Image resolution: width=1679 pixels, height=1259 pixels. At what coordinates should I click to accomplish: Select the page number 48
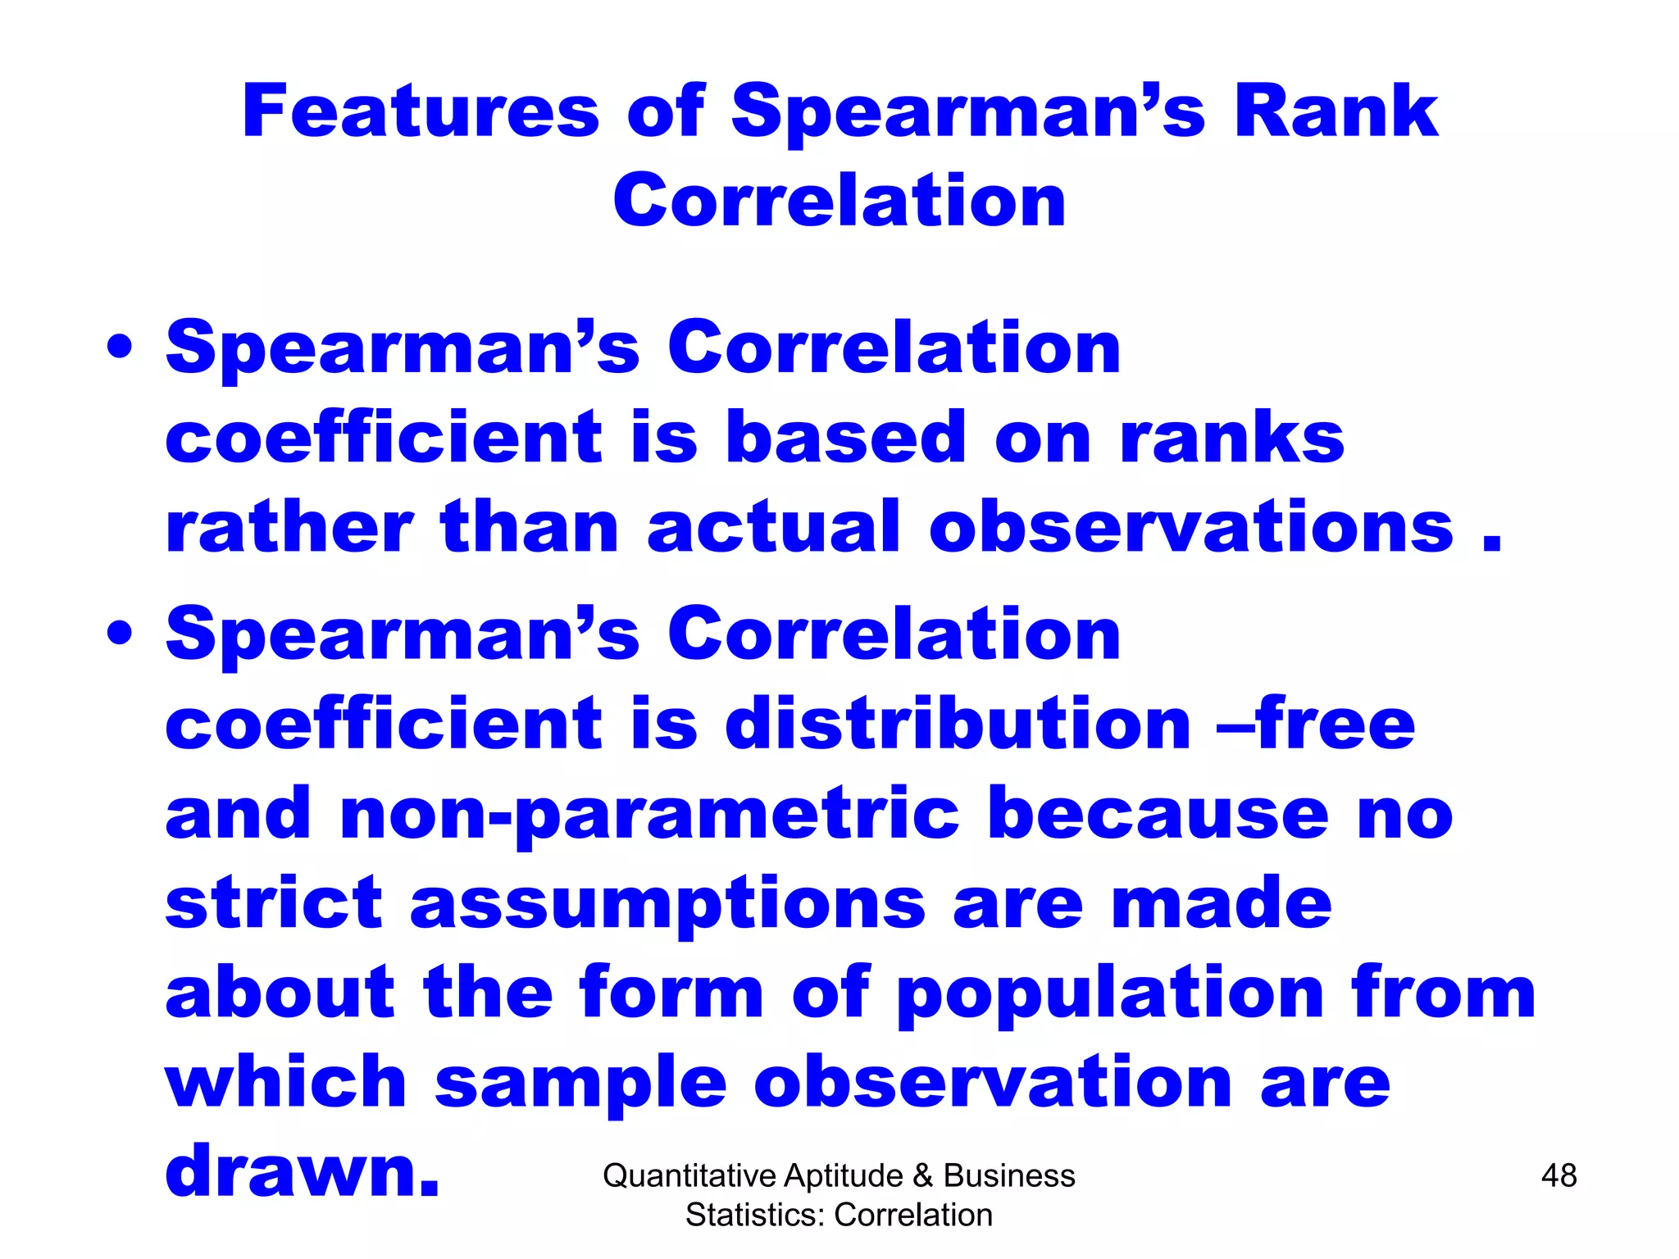tap(1558, 1176)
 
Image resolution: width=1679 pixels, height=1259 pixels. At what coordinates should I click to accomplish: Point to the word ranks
tap(1232, 438)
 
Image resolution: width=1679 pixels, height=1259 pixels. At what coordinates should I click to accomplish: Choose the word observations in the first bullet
tap(1191, 527)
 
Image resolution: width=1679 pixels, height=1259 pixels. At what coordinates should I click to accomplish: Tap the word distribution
tap(958, 724)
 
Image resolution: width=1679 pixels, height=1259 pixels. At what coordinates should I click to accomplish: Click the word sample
tap(580, 1084)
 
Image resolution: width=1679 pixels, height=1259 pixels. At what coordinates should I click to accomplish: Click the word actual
tap(774, 527)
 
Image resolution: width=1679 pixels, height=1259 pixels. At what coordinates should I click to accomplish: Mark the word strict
tap(274, 904)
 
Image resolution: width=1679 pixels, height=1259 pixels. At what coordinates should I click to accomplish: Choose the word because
tap(1158, 814)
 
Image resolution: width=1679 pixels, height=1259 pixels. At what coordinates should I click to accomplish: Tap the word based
tap(847, 438)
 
